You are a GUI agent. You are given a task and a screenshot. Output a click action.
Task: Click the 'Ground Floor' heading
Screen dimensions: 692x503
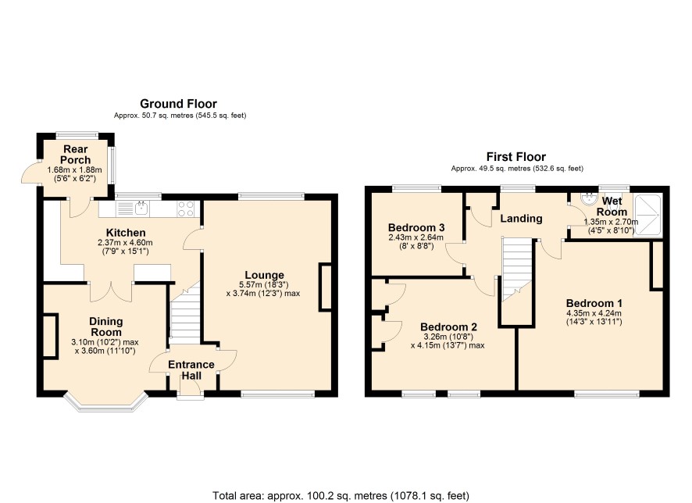(178, 104)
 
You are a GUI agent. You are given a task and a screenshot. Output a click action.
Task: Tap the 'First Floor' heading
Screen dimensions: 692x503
(516, 157)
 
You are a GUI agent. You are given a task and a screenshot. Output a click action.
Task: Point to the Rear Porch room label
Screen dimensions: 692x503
(76, 155)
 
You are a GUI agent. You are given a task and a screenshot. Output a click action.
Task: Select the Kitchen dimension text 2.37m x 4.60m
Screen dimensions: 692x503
(125, 243)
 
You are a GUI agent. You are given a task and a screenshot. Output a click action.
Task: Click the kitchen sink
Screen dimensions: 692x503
(141, 208)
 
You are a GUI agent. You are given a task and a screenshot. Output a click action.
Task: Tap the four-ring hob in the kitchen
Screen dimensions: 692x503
(185, 209)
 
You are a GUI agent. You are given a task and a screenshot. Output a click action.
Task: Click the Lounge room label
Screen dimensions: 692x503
(264, 276)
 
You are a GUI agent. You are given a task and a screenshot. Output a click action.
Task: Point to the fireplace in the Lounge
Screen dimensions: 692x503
(325, 287)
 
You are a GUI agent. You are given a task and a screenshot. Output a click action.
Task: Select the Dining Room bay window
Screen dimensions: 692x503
(105, 402)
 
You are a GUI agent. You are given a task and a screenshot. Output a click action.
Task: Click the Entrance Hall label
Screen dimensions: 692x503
(191, 369)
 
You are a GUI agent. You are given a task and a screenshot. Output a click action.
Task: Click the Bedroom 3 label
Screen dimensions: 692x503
(416, 227)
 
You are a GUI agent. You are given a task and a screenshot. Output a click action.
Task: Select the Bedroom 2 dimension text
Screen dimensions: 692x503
(448, 341)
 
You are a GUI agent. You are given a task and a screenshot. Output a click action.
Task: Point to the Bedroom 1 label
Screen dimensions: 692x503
(594, 303)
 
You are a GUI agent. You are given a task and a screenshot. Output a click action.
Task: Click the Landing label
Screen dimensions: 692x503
(521, 219)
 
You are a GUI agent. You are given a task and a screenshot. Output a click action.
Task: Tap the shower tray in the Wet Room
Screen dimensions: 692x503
(647, 216)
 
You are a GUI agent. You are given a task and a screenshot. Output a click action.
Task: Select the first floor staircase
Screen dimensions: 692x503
(517, 270)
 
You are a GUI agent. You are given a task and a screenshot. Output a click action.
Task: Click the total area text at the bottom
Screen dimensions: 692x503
(341, 495)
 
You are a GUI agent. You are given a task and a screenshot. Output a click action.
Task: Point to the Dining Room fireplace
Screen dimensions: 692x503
(50, 336)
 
